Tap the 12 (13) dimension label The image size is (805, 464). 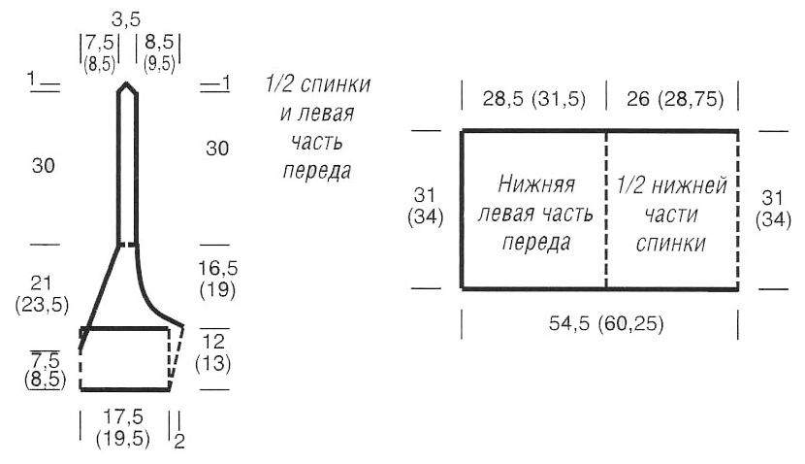click(x=214, y=353)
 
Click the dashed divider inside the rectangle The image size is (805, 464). click(x=606, y=210)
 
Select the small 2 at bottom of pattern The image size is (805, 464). click(x=178, y=441)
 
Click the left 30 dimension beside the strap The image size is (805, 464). click(x=43, y=166)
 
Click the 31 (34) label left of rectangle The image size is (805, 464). click(x=427, y=206)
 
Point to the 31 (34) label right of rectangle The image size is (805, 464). click(x=774, y=206)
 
